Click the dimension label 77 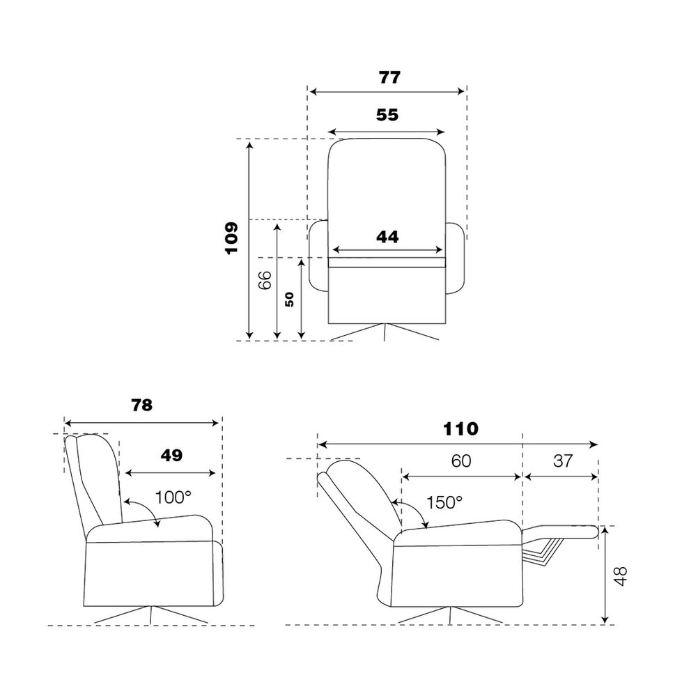click(389, 77)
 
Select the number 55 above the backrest click(387, 115)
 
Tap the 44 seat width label click(387, 237)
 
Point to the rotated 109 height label click(232, 238)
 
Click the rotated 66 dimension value click(265, 280)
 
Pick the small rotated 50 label click(289, 300)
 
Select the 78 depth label click(142, 405)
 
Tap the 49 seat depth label click(171, 456)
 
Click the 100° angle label click(173, 497)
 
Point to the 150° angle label click(444, 502)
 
